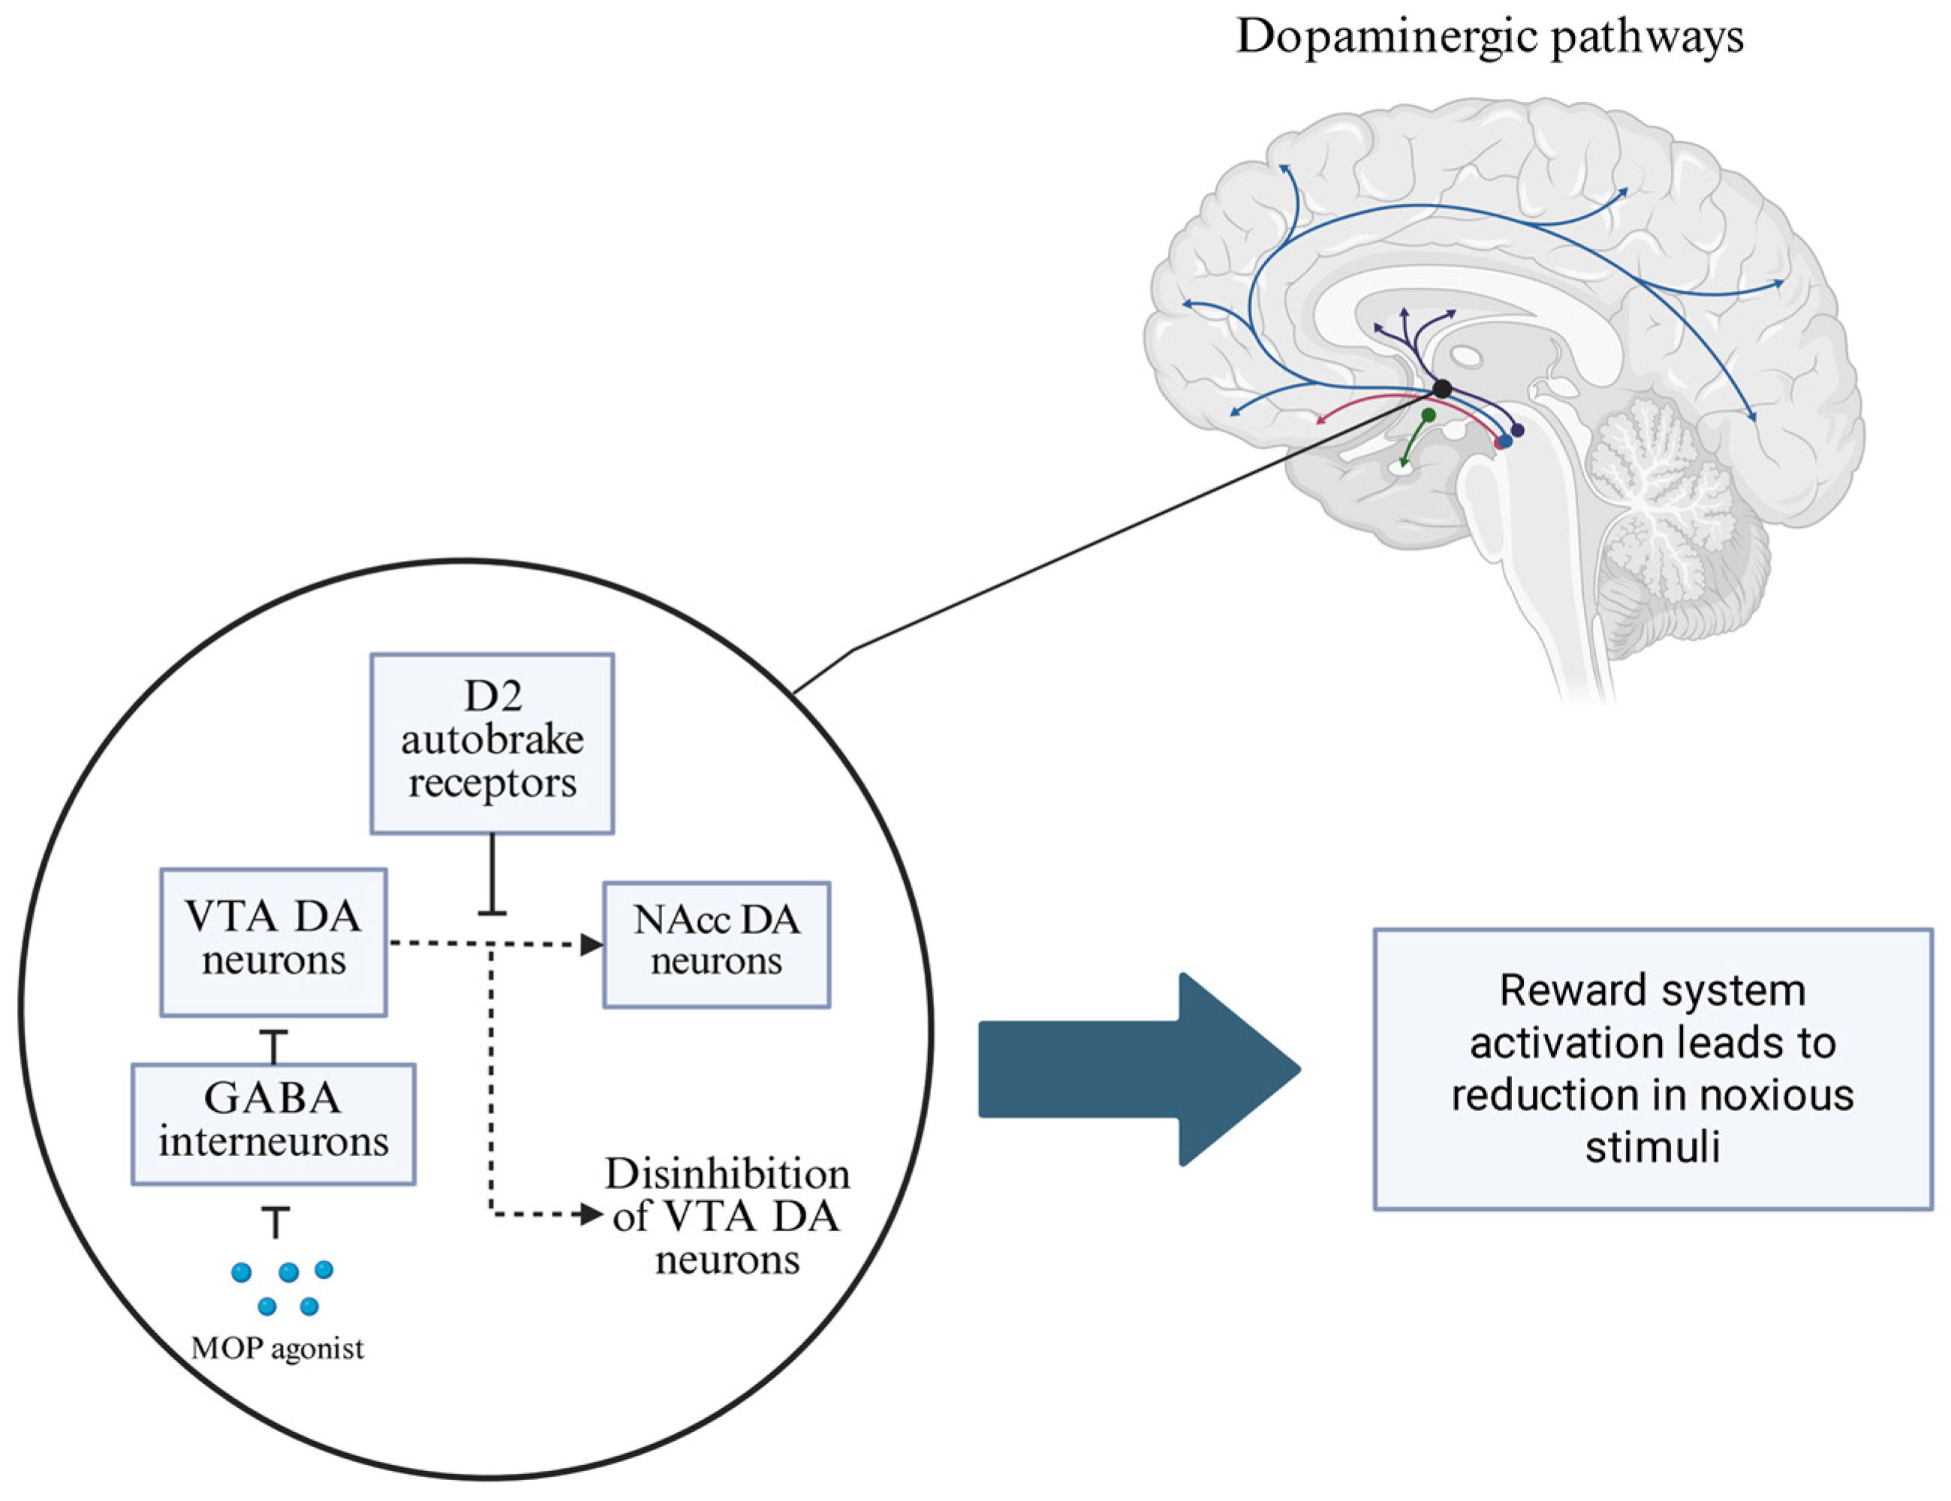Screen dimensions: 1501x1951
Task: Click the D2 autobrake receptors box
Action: coord(492,743)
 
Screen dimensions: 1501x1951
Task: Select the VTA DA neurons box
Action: coord(273,942)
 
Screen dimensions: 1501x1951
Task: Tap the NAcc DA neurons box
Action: coord(716,944)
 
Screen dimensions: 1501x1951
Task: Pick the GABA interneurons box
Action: coord(273,1123)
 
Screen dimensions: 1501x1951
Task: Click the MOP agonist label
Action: coord(278,1348)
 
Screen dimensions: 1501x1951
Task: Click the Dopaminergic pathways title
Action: coord(1489,38)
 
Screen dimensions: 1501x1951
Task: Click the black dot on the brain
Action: coord(1442,389)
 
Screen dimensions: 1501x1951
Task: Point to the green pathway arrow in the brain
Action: coord(1415,440)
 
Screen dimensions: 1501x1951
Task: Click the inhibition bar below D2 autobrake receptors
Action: coord(492,911)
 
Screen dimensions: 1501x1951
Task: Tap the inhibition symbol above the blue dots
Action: coord(275,1220)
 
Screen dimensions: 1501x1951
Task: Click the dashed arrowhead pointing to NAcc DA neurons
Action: coord(592,944)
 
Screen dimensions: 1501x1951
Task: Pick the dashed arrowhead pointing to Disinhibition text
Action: coord(592,1214)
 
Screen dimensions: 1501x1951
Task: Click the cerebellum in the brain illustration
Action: coord(1653,482)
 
